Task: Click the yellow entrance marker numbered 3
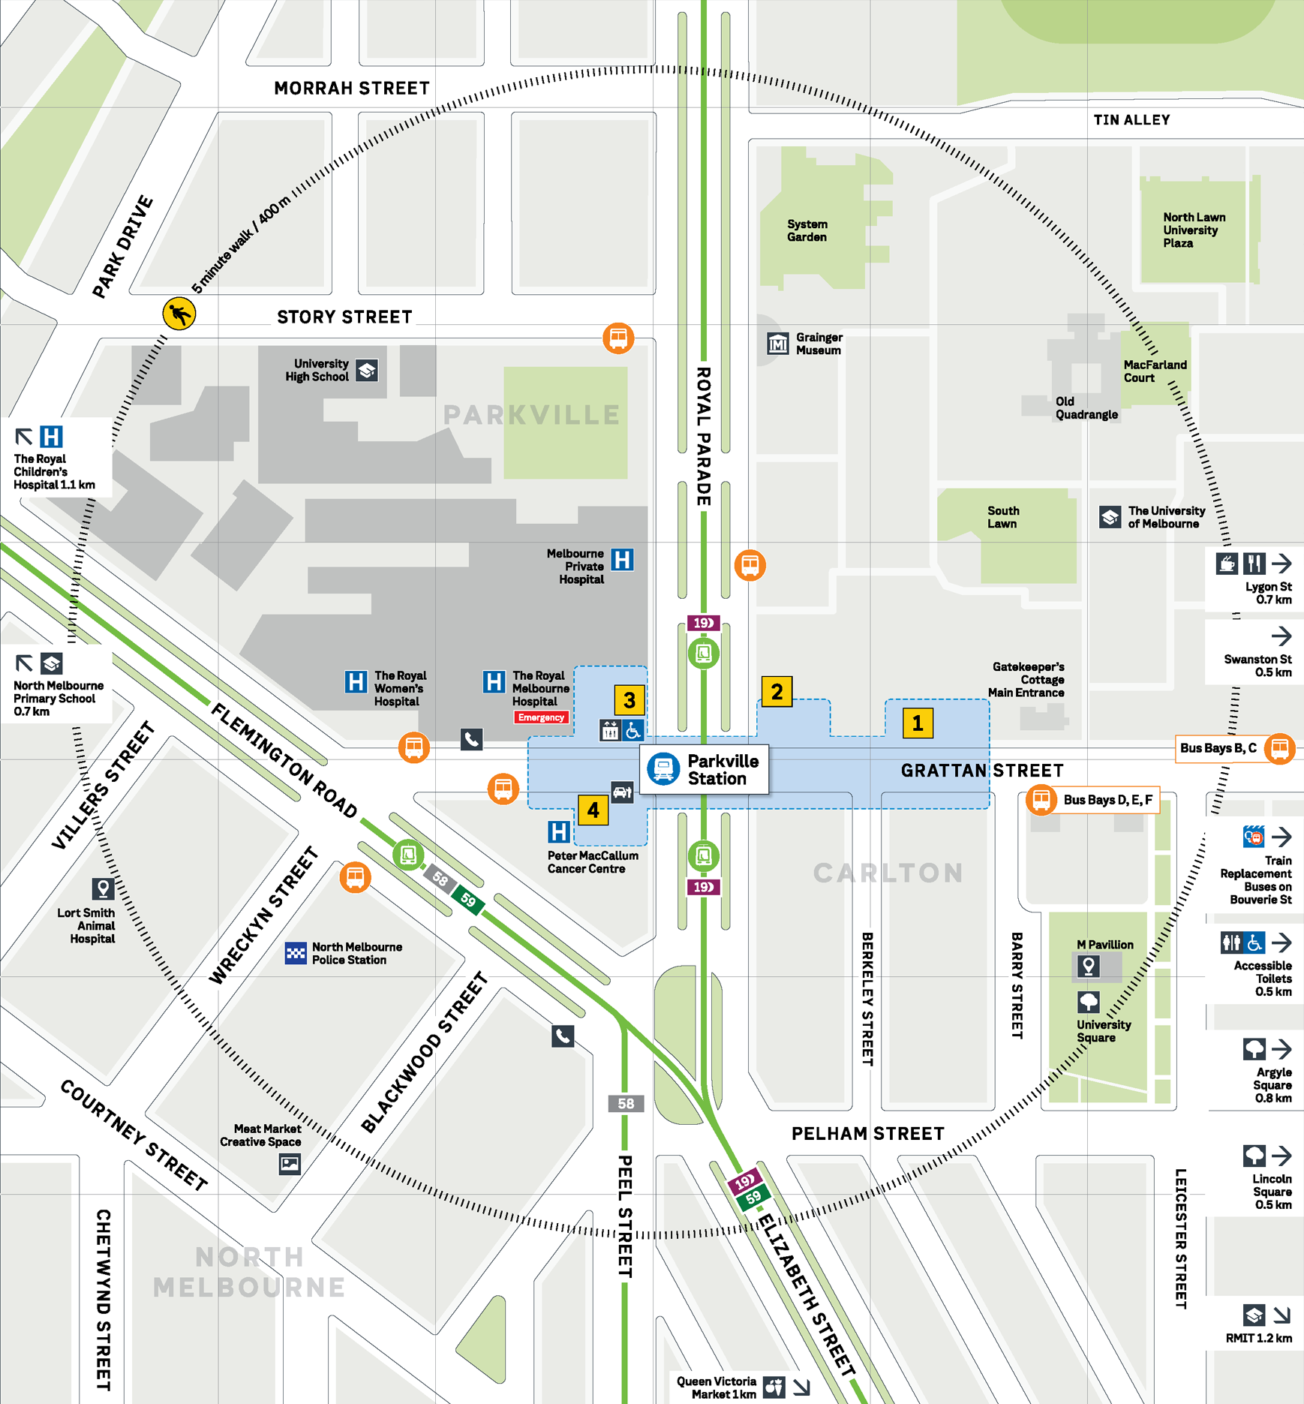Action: point(629,700)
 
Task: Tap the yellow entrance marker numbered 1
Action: point(917,723)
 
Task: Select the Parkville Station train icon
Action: point(663,768)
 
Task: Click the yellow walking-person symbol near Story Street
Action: point(179,314)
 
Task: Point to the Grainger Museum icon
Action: point(778,344)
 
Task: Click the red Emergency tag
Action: point(541,717)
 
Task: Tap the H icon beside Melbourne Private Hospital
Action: point(622,560)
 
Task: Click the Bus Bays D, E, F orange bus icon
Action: point(1041,799)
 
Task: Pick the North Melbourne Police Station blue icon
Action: point(296,953)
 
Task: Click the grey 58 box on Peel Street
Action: point(626,1104)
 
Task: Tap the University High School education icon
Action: point(367,370)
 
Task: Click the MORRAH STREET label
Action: point(352,89)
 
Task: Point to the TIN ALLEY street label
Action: point(1131,120)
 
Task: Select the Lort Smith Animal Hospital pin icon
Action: point(103,888)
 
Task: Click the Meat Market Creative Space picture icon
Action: point(290,1164)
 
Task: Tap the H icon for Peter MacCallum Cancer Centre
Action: point(558,831)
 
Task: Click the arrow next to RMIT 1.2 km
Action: point(1281,1315)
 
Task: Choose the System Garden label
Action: point(807,230)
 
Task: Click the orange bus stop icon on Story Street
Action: point(618,338)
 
